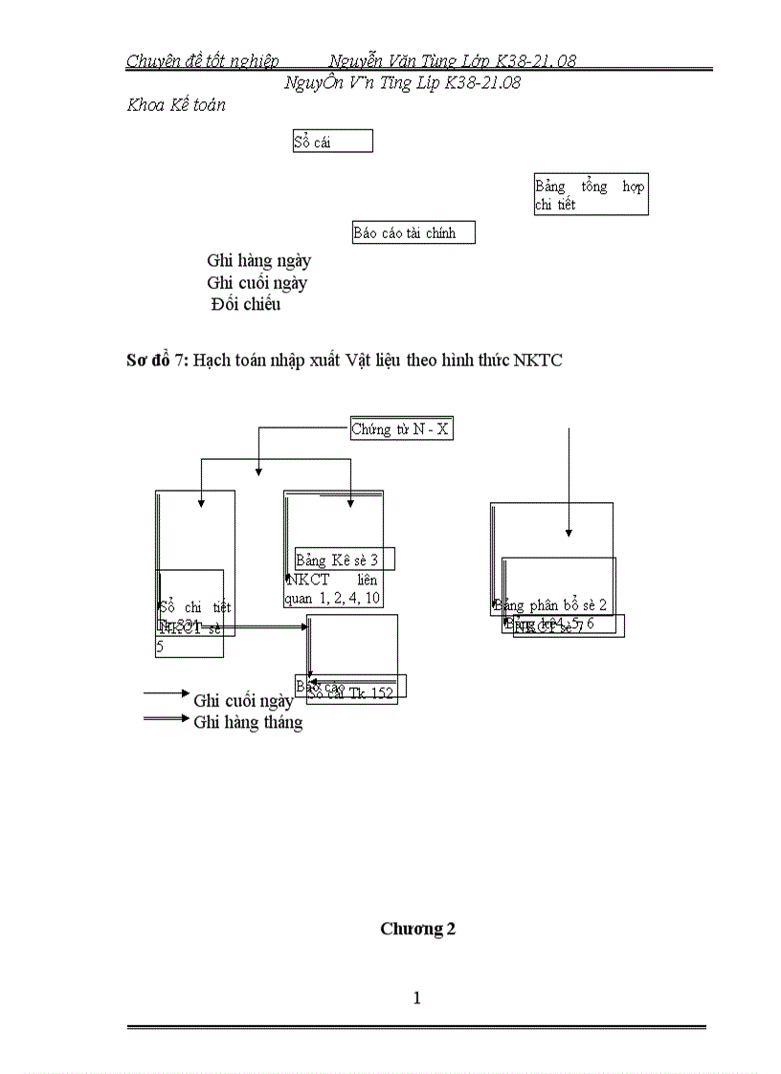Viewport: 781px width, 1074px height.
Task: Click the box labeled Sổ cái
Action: coord(332,142)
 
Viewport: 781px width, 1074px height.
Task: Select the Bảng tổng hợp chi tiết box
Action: coord(590,195)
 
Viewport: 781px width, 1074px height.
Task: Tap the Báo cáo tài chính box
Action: coord(413,232)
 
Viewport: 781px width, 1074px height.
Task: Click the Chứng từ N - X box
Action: coord(400,429)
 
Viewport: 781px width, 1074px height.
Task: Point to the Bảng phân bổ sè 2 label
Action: coord(551,604)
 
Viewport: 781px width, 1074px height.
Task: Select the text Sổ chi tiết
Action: coord(195,606)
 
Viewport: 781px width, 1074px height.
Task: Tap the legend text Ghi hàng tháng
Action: coord(248,722)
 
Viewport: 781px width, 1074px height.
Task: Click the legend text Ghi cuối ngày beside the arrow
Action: coord(243,700)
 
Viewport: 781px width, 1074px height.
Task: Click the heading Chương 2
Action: coord(417,929)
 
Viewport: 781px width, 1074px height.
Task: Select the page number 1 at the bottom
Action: coord(417,998)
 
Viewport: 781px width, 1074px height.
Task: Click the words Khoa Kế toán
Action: coord(176,105)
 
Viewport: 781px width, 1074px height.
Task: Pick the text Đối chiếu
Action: coord(246,305)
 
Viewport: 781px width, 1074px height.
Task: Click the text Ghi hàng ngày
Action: coord(258,260)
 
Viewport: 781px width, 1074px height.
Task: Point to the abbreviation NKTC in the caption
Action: coord(537,360)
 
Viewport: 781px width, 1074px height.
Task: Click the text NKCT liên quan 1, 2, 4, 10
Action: coord(333,590)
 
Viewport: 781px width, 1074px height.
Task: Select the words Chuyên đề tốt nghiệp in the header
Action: coord(203,61)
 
